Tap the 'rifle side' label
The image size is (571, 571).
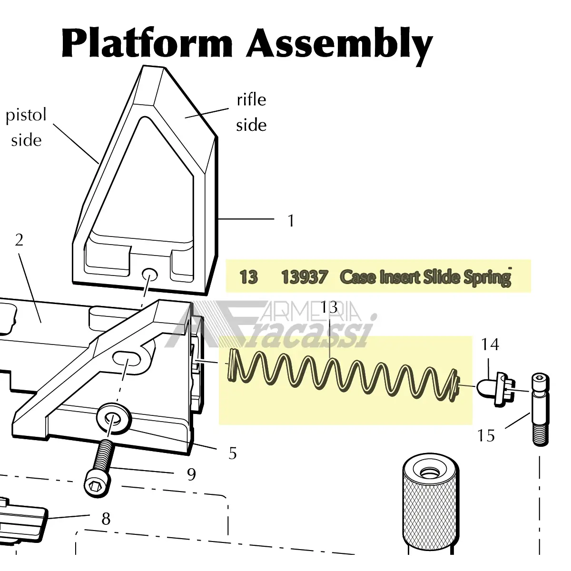251,112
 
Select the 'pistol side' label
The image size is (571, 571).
26,128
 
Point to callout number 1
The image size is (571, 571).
291,221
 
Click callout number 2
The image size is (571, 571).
19,240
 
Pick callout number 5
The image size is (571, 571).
232,453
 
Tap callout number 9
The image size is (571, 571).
191,474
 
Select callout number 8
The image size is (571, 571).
106,519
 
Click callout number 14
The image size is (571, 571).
490,344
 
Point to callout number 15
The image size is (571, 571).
486,435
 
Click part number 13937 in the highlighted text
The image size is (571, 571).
304,276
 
